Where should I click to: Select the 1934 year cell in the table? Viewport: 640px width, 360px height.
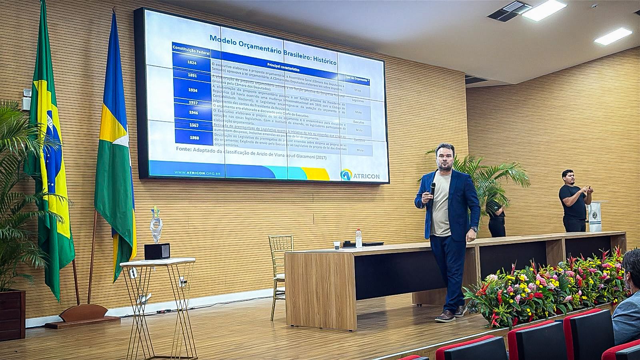192,90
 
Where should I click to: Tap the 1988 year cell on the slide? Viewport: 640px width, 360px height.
195,138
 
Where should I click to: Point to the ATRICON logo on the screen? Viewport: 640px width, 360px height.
360,174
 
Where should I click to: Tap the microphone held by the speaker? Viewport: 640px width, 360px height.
433,188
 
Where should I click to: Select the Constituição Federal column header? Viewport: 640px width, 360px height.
191,48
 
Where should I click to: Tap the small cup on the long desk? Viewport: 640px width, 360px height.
337,245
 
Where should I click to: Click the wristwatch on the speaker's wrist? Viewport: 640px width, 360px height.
474,229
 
